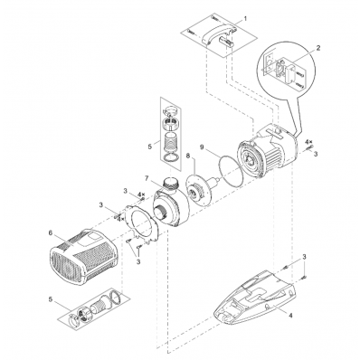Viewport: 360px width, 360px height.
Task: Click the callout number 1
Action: point(245,18)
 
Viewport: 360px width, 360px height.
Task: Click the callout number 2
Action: point(318,48)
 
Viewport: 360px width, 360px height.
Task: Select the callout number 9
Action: point(202,147)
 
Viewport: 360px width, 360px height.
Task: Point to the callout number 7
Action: point(147,178)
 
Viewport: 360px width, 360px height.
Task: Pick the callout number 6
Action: point(50,232)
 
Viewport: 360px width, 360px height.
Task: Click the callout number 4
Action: point(290,316)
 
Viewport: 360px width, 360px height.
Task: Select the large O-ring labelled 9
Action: point(231,170)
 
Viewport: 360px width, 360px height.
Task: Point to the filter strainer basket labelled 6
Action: point(82,256)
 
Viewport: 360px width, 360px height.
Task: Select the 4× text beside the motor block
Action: point(309,141)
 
